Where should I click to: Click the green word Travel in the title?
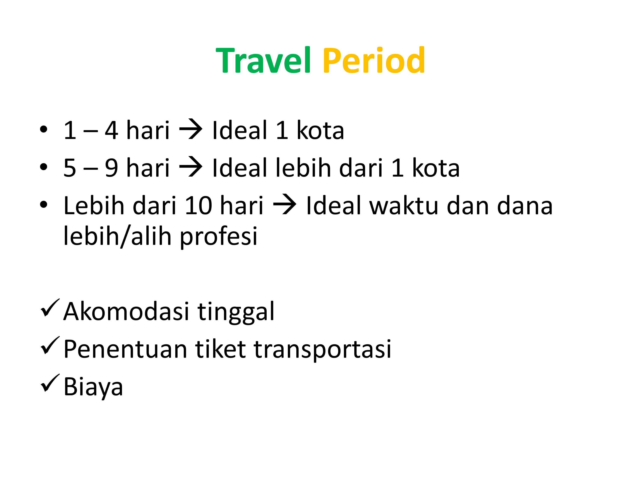coord(263,60)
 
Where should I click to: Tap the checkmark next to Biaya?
coord(50,383)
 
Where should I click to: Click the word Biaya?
coord(93,387)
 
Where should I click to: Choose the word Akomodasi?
coord(126,311)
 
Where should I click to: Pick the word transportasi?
coord(322,349)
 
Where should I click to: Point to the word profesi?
coord(218,236)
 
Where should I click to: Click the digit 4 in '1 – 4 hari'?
coord(111,130)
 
